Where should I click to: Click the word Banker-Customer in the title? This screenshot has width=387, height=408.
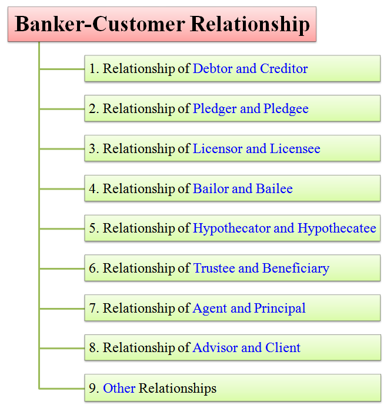[100, 24]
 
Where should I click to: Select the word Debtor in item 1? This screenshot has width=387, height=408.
[212, 69]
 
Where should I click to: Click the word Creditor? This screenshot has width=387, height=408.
[284, 69]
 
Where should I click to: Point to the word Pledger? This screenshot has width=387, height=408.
[215, 109]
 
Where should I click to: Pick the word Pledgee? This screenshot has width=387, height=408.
[286, 109]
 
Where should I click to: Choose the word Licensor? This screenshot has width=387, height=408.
[218, 149]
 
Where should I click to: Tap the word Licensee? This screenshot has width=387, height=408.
[295, 149]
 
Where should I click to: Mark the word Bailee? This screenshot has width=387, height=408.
[274, 188]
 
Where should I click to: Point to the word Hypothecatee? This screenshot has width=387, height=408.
[337, 228]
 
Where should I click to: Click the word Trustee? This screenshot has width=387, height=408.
[214, 268]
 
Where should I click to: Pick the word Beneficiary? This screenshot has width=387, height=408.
[296, 269]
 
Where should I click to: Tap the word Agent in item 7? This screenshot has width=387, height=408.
[210, 309]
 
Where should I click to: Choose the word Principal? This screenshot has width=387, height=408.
[279, 309]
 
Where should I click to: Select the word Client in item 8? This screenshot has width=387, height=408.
[283, 348]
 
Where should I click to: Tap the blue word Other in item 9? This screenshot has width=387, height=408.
[119, 388]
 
